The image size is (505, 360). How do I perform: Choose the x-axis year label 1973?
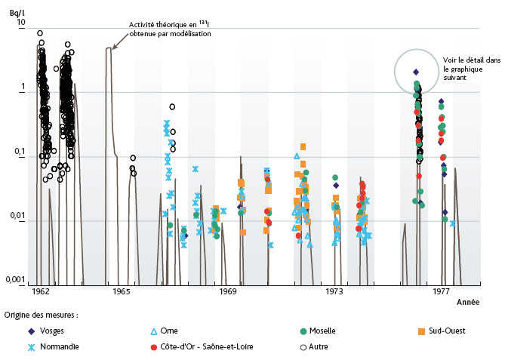(334, 291)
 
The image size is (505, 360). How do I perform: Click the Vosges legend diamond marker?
(11, 331)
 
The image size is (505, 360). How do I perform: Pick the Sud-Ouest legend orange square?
(421, 331)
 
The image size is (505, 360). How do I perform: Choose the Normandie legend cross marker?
(11, 347)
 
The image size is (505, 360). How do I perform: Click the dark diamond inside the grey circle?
(416, 72)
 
